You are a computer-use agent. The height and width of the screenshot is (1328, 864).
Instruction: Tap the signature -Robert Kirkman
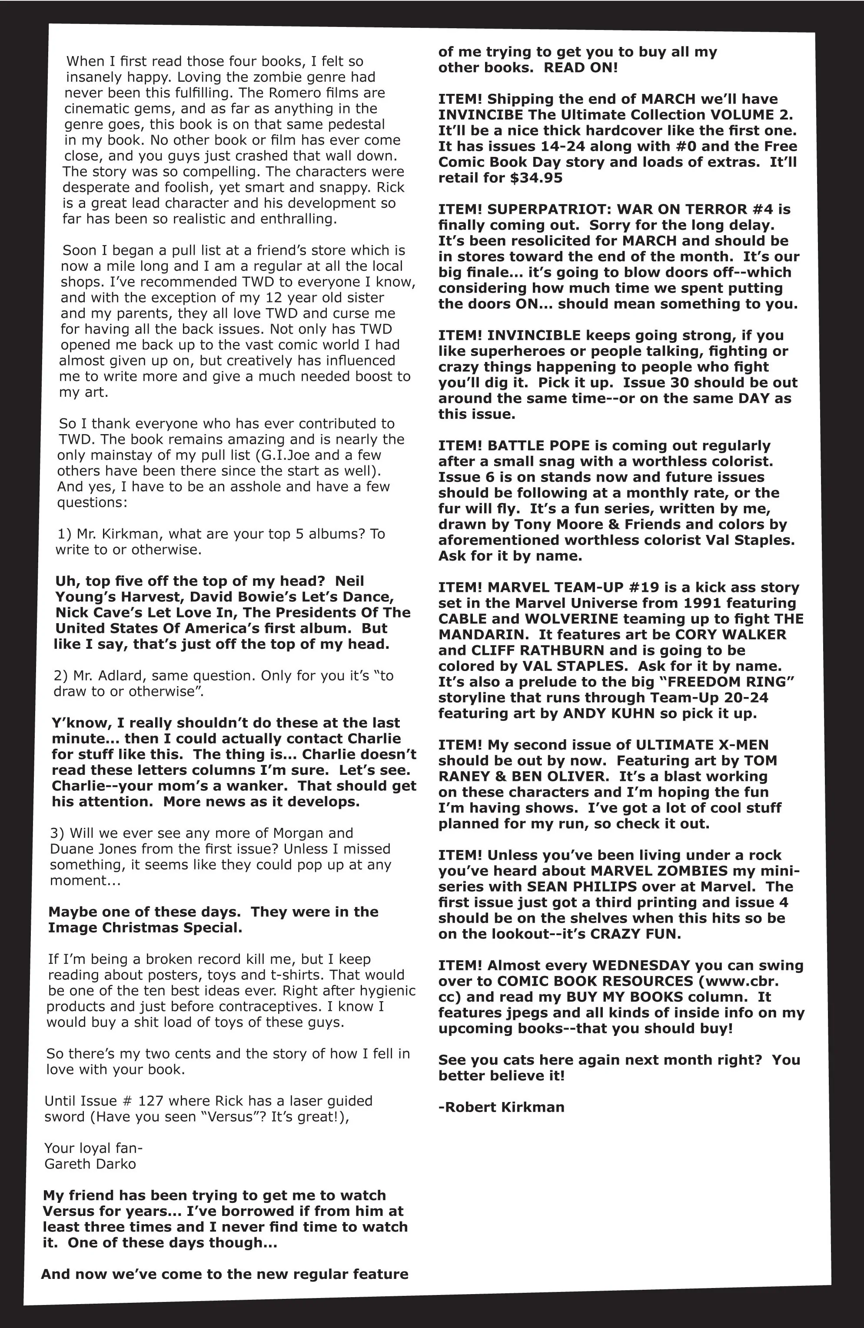pos(501,1107)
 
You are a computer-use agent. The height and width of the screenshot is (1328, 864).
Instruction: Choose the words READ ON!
pos(581,68)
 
